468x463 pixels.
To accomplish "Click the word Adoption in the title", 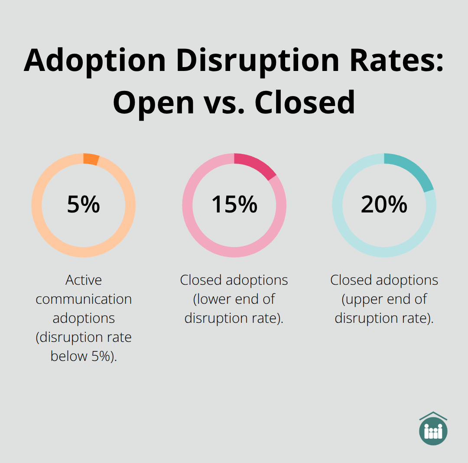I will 95,60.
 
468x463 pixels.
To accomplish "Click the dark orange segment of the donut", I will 91,159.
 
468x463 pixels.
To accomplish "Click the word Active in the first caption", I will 84,280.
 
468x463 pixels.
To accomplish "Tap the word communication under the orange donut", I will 84,299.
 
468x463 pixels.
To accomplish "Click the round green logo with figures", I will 433,431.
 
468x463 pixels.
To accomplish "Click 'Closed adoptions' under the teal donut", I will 384,280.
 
